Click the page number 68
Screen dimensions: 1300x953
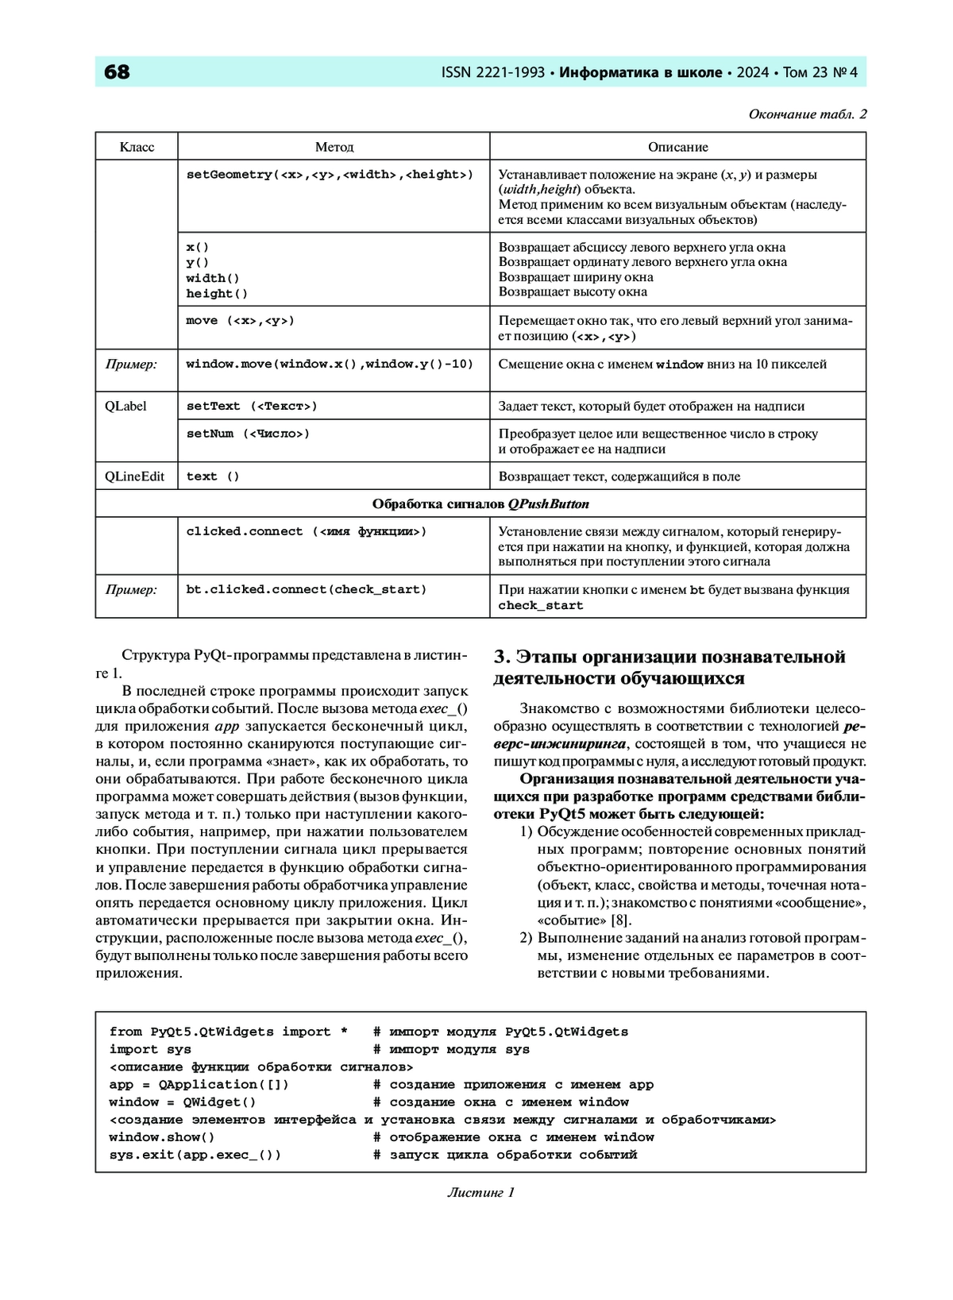tap(117, 72)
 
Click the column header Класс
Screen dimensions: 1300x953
tap(137, 147)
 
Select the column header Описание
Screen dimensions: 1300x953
tap(677, 147)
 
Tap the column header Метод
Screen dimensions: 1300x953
tap(334, 147)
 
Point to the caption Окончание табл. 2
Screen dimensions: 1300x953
tap(807, 114)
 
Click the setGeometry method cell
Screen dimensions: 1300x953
tap(330, 175)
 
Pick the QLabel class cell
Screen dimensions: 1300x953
tap(125, 406)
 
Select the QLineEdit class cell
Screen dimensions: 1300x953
tap(135, 476)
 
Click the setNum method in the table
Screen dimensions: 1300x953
tap(248, 434)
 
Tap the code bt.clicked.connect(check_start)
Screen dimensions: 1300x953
tap(307, 589)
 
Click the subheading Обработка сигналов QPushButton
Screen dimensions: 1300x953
tap(480, 504)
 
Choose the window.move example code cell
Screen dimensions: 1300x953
tap(330, 365)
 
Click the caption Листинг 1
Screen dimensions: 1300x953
tap(480, 1192)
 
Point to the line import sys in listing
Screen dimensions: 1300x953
tap(150, 1049)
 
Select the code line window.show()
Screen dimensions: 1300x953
tap(162, 1137)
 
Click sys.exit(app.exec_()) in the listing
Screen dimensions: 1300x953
tap(195, 1155)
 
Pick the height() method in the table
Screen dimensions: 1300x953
tap(217, 294)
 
